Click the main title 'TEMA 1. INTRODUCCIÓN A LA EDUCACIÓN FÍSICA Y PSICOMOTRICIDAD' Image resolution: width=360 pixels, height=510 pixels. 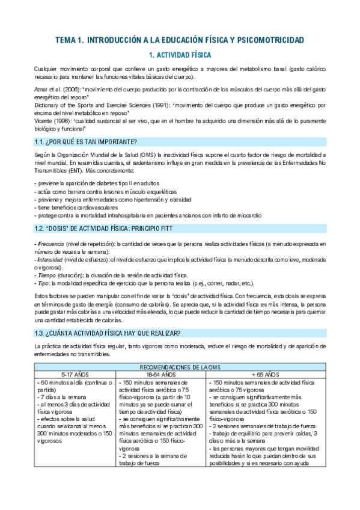pyautogui.click(x=180, y=40)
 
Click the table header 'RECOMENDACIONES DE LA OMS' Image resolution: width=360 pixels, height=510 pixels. pyautogui.click(x=180, y=367)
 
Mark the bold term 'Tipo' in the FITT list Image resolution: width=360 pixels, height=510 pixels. pyautogui.click(x=44, y=283)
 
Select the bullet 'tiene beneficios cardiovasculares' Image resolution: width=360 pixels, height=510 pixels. pyautogui.click(x=78, y=206)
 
